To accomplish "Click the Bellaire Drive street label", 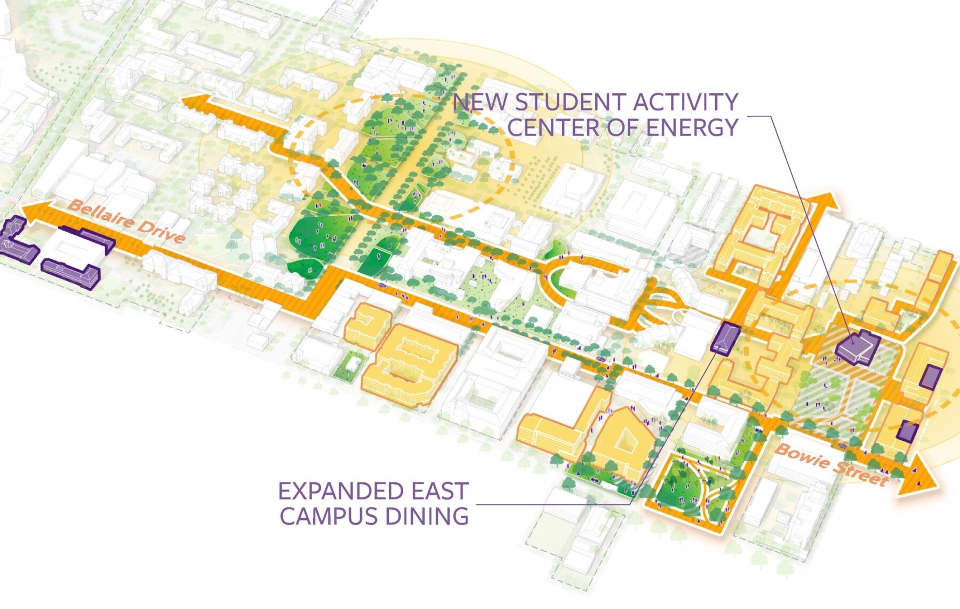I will click(x=127, y=221).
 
